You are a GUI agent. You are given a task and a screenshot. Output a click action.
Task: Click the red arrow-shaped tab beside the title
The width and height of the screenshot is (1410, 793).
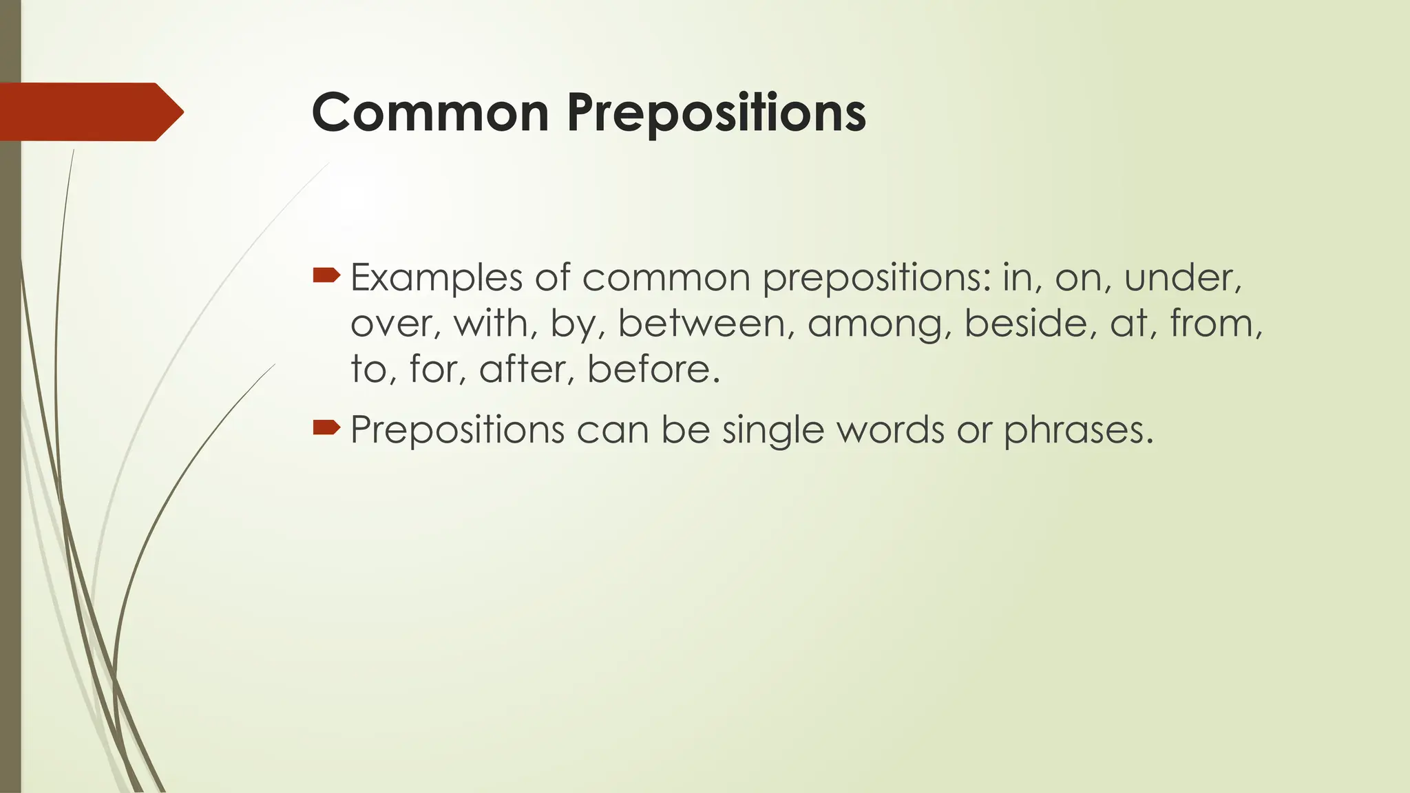click(x=90, y=112)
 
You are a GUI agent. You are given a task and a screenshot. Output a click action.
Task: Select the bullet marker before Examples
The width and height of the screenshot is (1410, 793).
click(x=326, y=276)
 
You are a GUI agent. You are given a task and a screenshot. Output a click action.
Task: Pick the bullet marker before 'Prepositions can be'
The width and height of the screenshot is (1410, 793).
click(x=326, y=428)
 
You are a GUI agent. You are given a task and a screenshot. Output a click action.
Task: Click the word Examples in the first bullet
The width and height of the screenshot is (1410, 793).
click(x=436, y=278)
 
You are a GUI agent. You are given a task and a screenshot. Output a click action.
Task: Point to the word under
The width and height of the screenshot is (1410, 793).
click(x=1181, y=278)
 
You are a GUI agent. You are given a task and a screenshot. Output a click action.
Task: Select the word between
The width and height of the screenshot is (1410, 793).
click(x=701, y=324)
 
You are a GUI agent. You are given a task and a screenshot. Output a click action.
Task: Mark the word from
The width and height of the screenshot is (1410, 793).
click(x=1215, y=324)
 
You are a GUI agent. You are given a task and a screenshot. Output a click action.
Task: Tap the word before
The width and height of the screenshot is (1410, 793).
click(x=653, y=369)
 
